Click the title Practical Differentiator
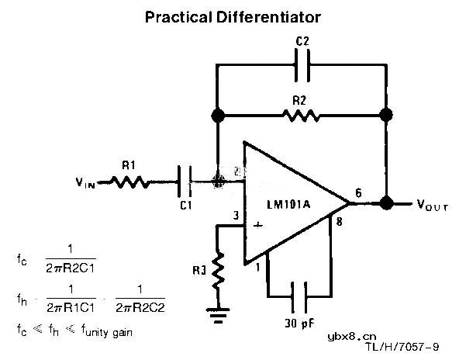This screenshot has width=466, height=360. point(233,16)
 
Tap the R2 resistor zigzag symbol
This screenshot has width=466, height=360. point(301,116)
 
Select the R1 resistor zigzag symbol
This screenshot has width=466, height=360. point(128,182)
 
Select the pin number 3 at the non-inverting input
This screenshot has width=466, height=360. point(235,216)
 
